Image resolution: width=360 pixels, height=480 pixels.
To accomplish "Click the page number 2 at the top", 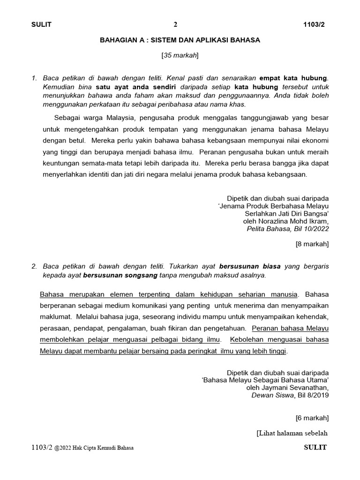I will [176, 25].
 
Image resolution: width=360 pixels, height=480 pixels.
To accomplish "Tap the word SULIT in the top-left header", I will [41, 25].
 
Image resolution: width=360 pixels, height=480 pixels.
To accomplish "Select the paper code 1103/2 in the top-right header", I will [315, 25].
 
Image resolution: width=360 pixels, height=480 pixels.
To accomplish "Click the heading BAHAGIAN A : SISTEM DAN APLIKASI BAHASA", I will [180, 40].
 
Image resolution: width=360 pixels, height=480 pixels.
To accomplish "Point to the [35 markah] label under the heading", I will [180, 55].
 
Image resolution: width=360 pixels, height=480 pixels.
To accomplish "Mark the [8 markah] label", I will [312, 244].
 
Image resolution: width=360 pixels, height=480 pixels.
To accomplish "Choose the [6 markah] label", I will [312, 417].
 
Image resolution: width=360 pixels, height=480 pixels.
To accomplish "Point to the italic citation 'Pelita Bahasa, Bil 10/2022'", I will [288, 229].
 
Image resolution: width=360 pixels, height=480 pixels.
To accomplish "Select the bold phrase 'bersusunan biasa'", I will [250, 266].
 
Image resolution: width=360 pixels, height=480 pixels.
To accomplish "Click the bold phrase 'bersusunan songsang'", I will [120, 275].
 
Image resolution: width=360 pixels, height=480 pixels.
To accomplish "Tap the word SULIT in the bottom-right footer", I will [315, 448].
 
